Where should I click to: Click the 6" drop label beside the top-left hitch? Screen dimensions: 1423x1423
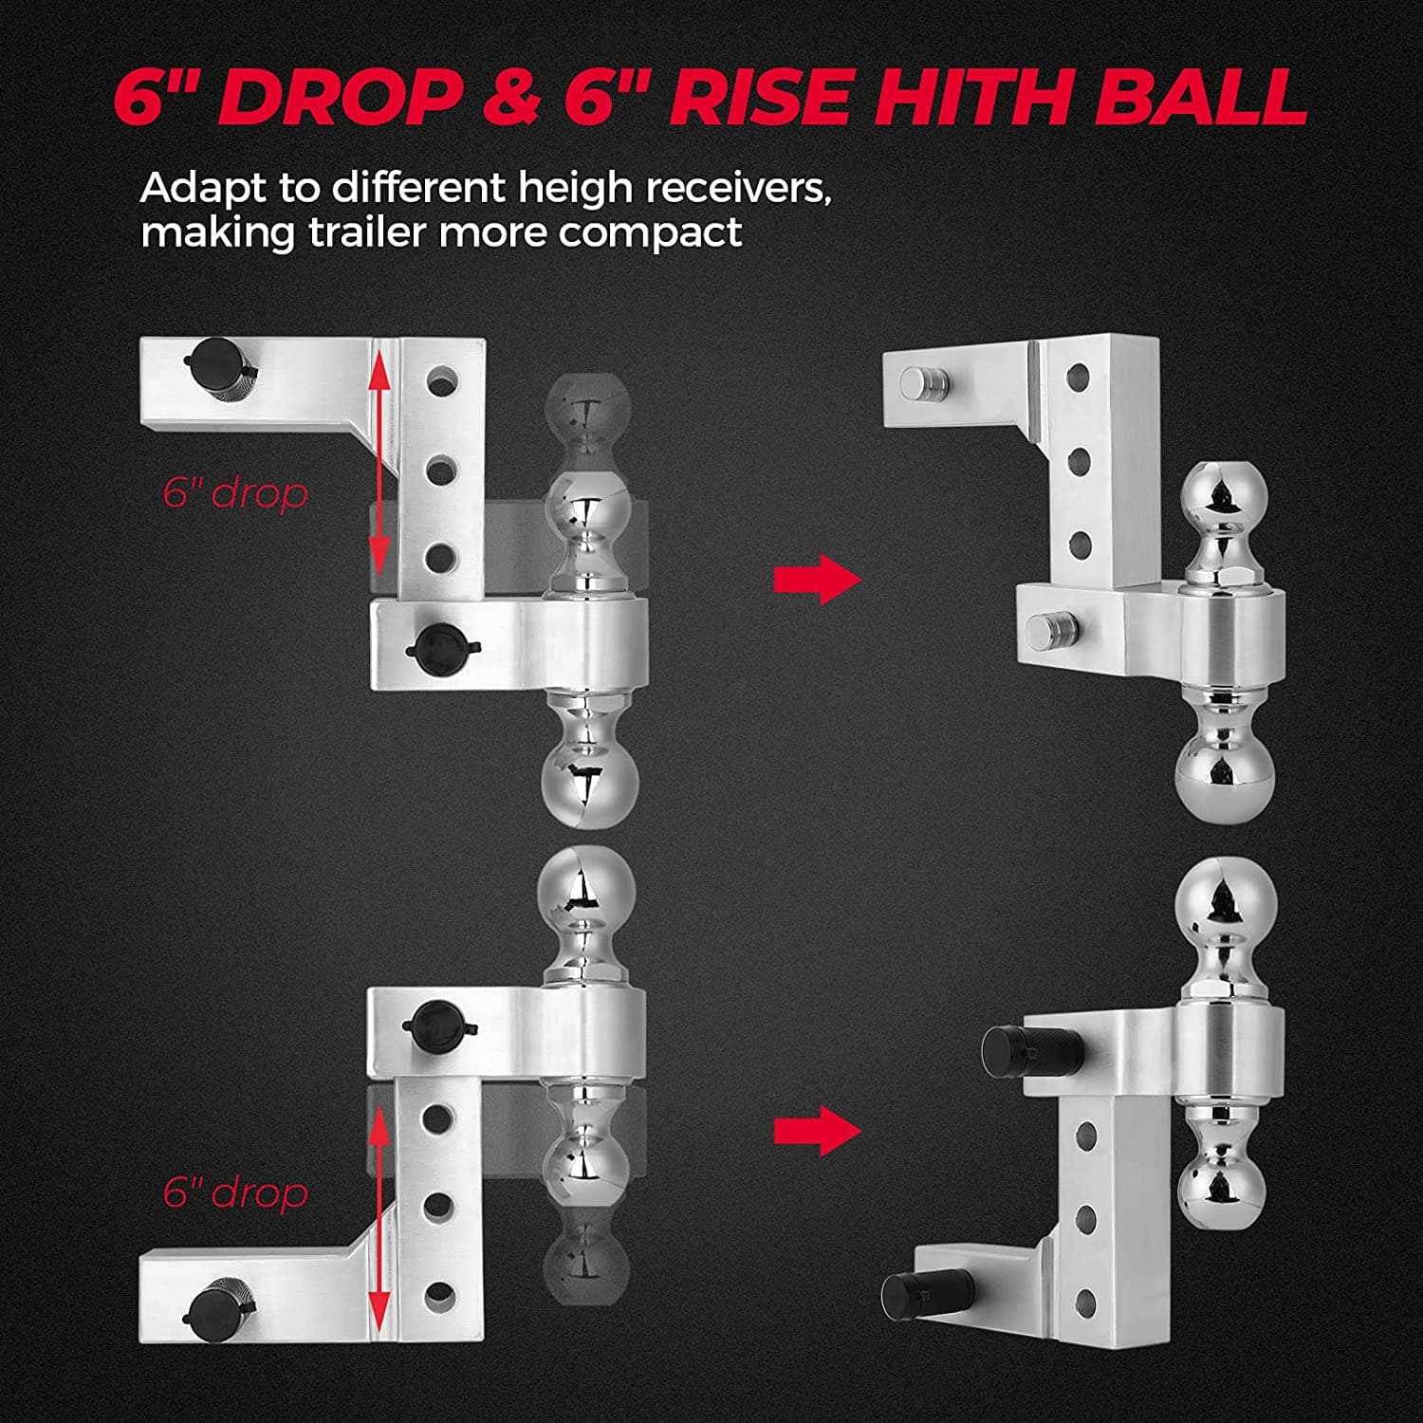(235, 493)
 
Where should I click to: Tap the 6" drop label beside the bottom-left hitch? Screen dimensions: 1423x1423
(235, 1192)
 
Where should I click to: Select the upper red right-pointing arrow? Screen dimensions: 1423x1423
(817, 578)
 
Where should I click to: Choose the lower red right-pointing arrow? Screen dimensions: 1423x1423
(817, 1130)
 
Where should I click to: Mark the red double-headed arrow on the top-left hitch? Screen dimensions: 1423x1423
(379, 463)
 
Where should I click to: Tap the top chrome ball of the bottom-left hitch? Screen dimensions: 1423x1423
(584, 888)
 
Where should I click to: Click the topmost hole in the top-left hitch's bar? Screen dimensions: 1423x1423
(442, 382)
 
